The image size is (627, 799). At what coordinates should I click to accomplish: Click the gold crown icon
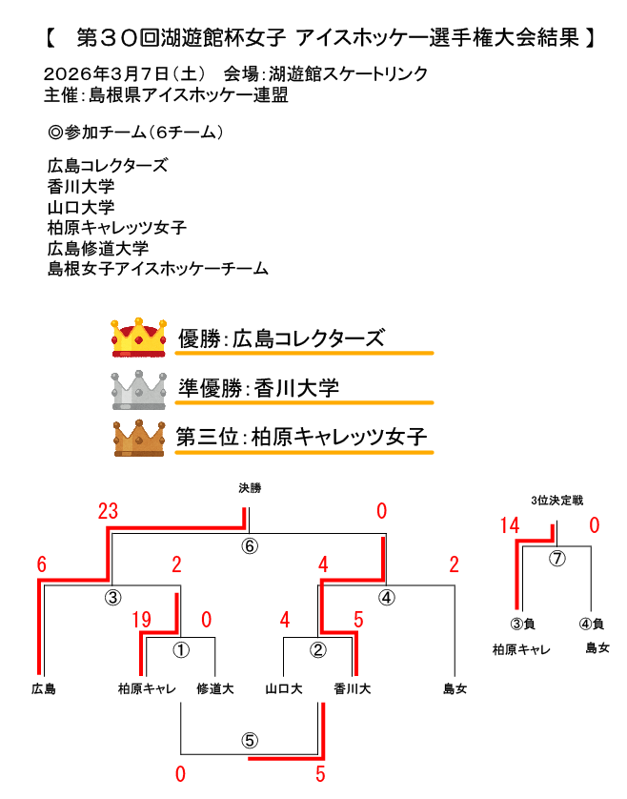[x=140, y=337]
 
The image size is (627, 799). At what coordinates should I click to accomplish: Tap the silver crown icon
[x=140, y=388]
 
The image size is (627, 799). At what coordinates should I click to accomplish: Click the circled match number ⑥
[x=250, y=546]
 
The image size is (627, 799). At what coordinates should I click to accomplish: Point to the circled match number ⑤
[x=250, y=740]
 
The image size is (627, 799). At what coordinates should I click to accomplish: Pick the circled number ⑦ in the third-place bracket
[x=558, y=558]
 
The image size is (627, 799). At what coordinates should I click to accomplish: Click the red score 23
[x=108, y=511]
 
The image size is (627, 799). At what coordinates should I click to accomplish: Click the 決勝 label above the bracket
[x=250, y=488]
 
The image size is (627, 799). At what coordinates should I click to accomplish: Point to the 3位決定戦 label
[x=557, y=500]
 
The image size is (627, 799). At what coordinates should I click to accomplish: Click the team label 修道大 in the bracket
[x=215, y=687]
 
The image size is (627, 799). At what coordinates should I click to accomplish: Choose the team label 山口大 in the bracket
[x=284, y=687]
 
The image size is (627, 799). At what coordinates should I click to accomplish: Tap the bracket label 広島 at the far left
[x=43, y=687]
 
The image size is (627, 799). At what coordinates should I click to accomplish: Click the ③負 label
[x=520, y=625]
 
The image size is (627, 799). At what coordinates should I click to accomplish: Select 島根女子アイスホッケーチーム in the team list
[x=157, y=270]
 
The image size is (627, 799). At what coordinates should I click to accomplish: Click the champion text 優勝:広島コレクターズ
[x=282, y=338]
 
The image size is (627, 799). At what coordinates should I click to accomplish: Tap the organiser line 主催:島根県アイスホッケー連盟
[x=166, y=95]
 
